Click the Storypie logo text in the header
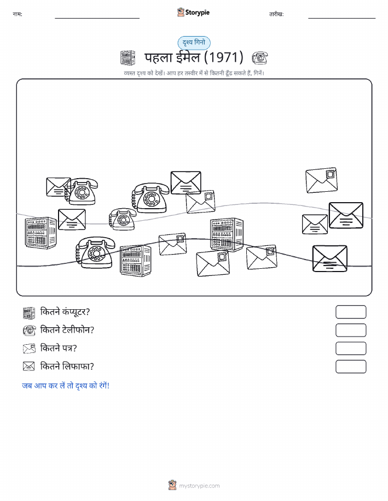(197, 13)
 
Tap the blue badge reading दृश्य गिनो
(194, 43)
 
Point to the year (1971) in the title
(223, 57)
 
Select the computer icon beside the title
(128, 57)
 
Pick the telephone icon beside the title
(259, 58)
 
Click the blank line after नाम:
(97, 18)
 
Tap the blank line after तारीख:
(341, 18)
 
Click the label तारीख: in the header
(276, 14)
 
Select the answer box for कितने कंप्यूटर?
(351, 312)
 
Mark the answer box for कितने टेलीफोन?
(351, 331)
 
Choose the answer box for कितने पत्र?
(351, 349)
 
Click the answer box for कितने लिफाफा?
(351, 367)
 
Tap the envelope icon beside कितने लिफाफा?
(29, 366)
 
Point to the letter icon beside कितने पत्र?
(29, 348)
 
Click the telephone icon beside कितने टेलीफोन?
(29, 330)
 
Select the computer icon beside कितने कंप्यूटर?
(29, 313)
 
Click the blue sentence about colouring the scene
(66, 386)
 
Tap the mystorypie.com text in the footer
(199, 486)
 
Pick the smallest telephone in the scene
(122, 219)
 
